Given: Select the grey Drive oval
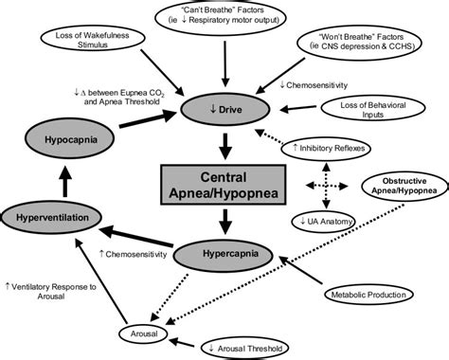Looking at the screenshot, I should (224, 110).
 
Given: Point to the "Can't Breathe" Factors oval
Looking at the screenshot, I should (224, 17).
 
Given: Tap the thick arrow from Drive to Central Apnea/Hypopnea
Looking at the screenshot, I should (224, 143).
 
